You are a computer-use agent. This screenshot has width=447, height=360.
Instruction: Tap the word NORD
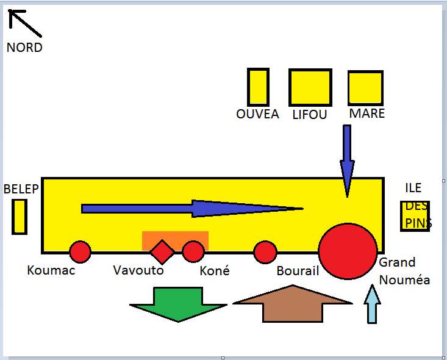[24, 48]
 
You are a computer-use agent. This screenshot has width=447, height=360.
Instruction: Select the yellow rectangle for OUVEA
[258, 87]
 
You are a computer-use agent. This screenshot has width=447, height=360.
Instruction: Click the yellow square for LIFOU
[310, 87]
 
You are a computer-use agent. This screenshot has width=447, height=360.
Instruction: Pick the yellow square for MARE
[365, 88]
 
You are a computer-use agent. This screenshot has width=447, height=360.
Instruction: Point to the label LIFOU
[310, 114]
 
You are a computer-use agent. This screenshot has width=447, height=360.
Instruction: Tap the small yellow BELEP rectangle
[20, 217]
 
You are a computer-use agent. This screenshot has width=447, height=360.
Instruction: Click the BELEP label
[21, 189]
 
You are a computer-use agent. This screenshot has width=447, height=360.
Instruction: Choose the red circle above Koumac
[80, 251]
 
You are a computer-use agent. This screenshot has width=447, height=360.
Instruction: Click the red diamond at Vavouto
[162, 252]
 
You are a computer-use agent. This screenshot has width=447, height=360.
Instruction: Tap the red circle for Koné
[193, 251]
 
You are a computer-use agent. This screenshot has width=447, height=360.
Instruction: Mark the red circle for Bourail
[265, 251]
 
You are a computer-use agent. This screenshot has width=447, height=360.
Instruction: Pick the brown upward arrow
[293, 303]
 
